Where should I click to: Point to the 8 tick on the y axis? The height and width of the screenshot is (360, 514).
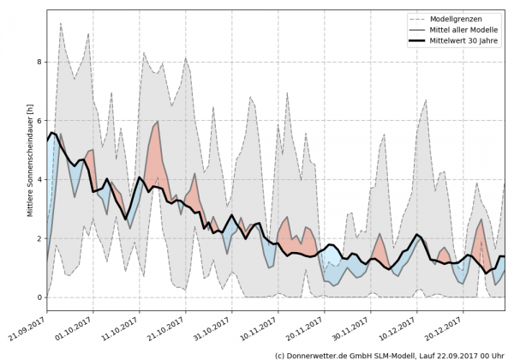click(x=39, y=63)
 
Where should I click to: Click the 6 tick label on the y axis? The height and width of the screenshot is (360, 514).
click(x=39, y=121)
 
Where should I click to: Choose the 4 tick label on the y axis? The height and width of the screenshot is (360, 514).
click(x=39, y=180)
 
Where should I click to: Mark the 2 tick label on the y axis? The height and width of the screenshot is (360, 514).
click(x=39, y=238)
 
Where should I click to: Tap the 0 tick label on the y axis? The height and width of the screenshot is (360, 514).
click(x=39, y=297)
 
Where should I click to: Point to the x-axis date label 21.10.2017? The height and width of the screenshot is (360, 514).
click(x=169, y=324)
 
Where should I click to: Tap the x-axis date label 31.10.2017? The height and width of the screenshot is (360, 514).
click(x=215, y=324)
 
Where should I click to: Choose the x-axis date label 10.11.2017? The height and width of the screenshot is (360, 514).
click(x=261, y=324)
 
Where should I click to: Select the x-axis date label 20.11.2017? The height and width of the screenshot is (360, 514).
click(x=308, y=324)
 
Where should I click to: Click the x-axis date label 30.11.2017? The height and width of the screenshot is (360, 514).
click(x=354, y=324)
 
